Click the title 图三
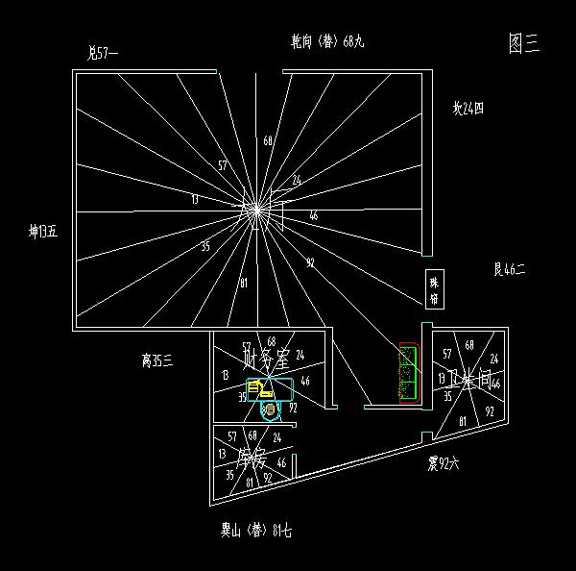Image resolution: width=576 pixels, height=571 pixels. pyautogui.click(x=524, y=42)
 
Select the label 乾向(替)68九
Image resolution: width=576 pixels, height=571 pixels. pyautogui.click(x=327, y=42)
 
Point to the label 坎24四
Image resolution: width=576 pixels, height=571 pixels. pyautogui.click(x=468, y=109)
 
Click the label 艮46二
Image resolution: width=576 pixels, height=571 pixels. pyautogui.click(x=509, y=271)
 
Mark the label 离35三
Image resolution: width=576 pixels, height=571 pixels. pyautogui.click(x=156, y=360)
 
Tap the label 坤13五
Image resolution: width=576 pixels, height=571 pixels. pyautogui.click(x=43, y=232)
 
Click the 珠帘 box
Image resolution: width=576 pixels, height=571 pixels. pyautogui.click(x=434, y=290)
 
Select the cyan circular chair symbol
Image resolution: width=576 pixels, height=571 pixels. pyautogui.click(x=270, y=410)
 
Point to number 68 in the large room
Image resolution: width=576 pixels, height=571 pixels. pyautogui.click(x=268, y=141)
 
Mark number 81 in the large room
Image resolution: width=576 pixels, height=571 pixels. pyautogui.click(x=244, y=283)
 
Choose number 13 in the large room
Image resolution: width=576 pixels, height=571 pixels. pyautogui.click(x=195, y=200)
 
